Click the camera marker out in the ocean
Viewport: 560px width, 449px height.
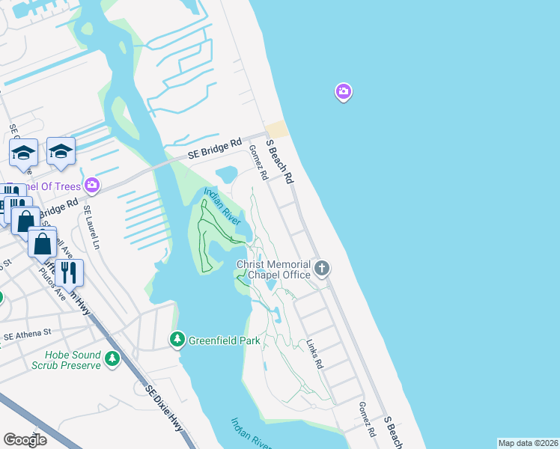point(343,92)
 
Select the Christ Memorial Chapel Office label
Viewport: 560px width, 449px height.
point(273,270)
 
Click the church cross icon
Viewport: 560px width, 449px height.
point(322,267)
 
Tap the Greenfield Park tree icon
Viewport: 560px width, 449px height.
point(177,340)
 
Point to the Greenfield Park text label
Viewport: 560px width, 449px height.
point(224,340)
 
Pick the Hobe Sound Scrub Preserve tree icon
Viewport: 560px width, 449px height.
point(112,359)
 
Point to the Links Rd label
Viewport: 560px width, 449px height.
point(314,353)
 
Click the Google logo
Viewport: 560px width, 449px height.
point(25,439)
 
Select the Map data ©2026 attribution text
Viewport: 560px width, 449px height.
point(528,442)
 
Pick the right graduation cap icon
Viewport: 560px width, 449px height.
point(61,151)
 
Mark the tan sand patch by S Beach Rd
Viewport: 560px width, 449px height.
point(276,129)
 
